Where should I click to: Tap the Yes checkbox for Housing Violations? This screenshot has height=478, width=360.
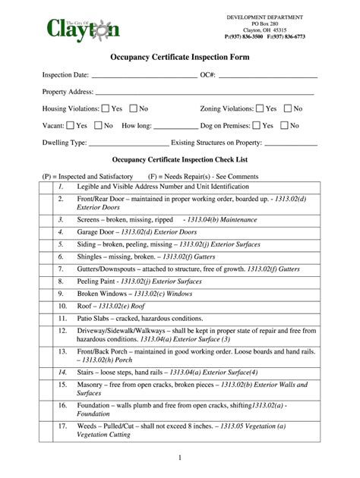[105, 108]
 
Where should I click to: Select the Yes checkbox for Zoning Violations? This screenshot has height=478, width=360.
[259, 108]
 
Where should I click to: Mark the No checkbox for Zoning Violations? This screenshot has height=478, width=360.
[287, 108]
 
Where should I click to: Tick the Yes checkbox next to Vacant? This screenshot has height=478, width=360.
[70, 125]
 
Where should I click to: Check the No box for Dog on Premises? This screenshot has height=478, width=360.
[284, 125]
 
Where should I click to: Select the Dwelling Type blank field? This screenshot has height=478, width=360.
[129, 143]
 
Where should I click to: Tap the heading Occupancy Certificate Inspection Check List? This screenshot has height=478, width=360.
[180, 160]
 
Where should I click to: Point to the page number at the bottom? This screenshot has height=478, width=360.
[180, 458]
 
